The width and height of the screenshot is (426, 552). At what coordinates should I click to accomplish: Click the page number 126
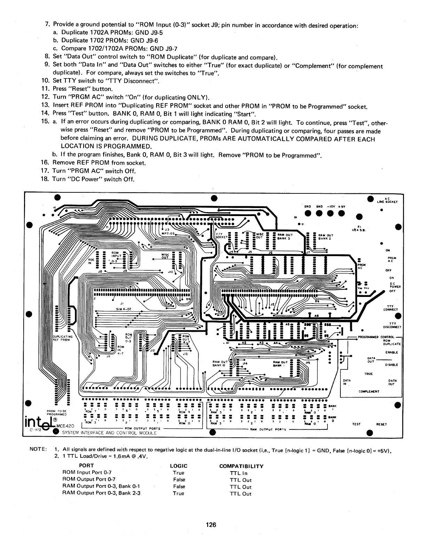pos(211,525)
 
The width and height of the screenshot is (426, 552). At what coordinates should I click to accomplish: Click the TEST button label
pos(356,424)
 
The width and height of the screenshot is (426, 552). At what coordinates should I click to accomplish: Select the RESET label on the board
pos(382,424)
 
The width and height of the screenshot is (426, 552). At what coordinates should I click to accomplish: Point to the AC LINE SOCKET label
pos(387,201)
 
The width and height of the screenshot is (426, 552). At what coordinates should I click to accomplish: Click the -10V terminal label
pos(330,207)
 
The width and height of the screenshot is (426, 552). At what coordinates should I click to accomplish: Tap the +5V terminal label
pos(341,207)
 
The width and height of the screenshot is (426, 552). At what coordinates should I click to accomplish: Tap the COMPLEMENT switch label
pos(369,391)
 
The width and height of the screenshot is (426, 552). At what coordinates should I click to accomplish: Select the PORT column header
pos(86,466)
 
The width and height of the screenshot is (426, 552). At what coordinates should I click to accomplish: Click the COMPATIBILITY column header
pos(241,466)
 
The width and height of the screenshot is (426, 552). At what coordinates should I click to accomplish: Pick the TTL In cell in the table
pos(239,473)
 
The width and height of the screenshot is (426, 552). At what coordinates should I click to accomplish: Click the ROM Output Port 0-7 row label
pos(89,480)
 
